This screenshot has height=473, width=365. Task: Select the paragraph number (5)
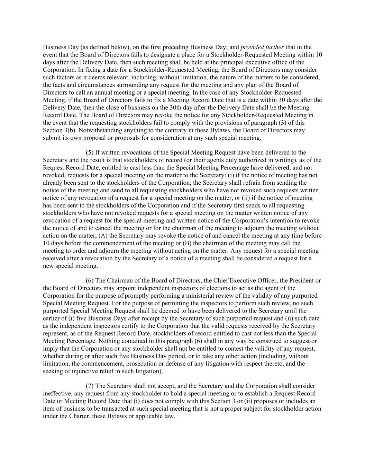90,152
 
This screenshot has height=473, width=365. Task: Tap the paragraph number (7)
90,386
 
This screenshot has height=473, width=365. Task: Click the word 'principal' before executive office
244,62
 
